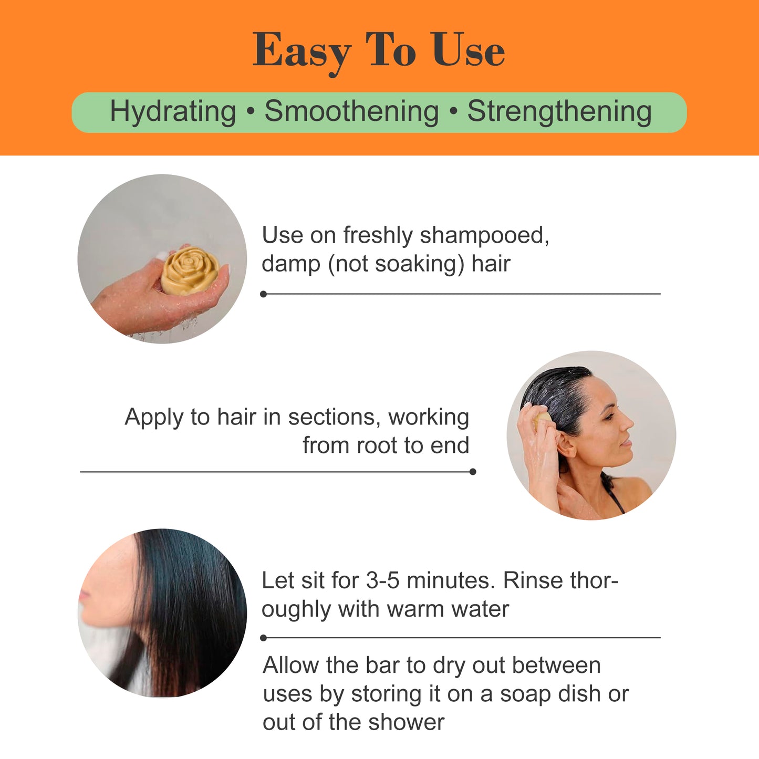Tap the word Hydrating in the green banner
tap(173, 112)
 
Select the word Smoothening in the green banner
tap(351, 112)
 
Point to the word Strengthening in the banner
tap(559, 112)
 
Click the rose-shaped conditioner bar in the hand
tap(189, 270)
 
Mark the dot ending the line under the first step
tap(264, 294)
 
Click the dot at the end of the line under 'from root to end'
tap(473, 472)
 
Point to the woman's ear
tap(566, 444)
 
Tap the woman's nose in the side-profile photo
tap(628, 423)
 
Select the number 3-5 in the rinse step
tap(383, 581)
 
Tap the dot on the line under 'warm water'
tap(264, 638)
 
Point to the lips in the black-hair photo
tap(84, 596)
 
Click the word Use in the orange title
tap(469, 50)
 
